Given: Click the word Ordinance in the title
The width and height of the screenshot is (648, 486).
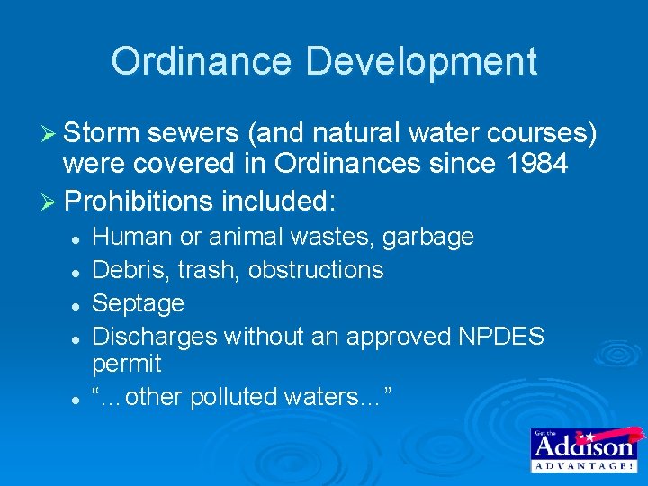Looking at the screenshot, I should [x=201, y=61].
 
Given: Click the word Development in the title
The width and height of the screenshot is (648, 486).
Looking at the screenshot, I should [x=421, y=61].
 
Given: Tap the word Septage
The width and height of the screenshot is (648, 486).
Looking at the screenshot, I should [x=139, y=303].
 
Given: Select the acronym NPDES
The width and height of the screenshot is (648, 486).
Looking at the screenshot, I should [x=501, y=336].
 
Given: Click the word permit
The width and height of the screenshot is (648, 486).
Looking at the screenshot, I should [x=127, y=364].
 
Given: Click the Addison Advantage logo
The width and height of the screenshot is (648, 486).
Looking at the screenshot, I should [x=583, y=449].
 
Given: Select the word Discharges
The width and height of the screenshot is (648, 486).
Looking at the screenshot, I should [x=156, y=336].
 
